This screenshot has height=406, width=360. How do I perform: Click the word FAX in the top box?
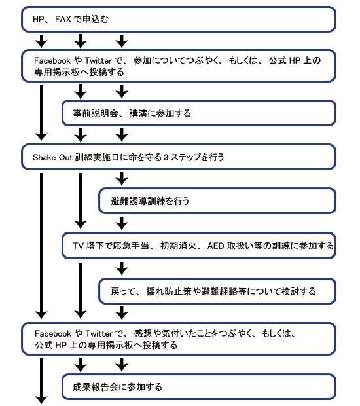(x=63, y=20)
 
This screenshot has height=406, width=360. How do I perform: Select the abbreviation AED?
(x=215, y=246)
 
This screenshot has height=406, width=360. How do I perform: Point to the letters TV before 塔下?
(x=78, y=246)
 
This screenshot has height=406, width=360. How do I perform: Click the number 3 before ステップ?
(x=166, y=157)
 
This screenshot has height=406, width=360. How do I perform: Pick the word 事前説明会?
(x=96, y=113)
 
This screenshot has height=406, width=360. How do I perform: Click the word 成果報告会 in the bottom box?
(x=96, y=387)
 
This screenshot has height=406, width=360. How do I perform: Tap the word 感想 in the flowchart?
(x=143, y=333)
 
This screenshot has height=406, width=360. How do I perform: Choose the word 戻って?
(x=124, y=291)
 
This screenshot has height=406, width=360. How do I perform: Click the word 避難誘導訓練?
(x=138, y=201)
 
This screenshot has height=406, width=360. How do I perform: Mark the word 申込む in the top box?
(x=96, y=20)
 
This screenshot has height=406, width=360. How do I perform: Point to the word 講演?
(x=138, y=113)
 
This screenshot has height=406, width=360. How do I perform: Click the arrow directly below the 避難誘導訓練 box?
(x=122, y=223)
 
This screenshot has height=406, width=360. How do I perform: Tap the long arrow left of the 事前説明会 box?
(x=41, y=113)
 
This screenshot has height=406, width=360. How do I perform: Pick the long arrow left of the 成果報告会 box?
(x=41, y=381)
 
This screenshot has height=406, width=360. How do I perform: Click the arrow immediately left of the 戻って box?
(x=81, y=291)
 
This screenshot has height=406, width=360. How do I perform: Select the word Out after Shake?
(x=65, y=157)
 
